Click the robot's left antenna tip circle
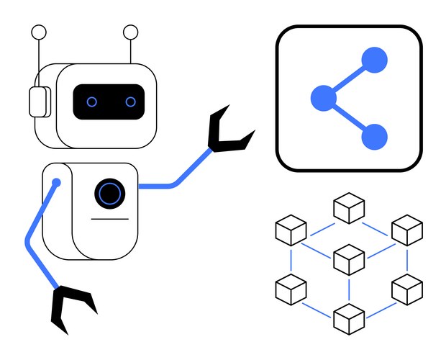39,32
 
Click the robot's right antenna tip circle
130,32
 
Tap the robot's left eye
92,102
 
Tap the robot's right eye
130,102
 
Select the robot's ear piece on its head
37,102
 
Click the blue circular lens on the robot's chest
109,193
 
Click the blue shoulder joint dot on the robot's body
56,183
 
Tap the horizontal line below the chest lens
109,218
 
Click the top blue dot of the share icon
374,60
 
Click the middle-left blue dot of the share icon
323,98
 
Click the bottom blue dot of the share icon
374,137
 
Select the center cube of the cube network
350,259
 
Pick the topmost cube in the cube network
349,209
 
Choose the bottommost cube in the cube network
349,319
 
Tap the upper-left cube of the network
291,230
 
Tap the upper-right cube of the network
406,230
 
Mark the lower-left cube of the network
291,289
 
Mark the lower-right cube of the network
406,289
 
